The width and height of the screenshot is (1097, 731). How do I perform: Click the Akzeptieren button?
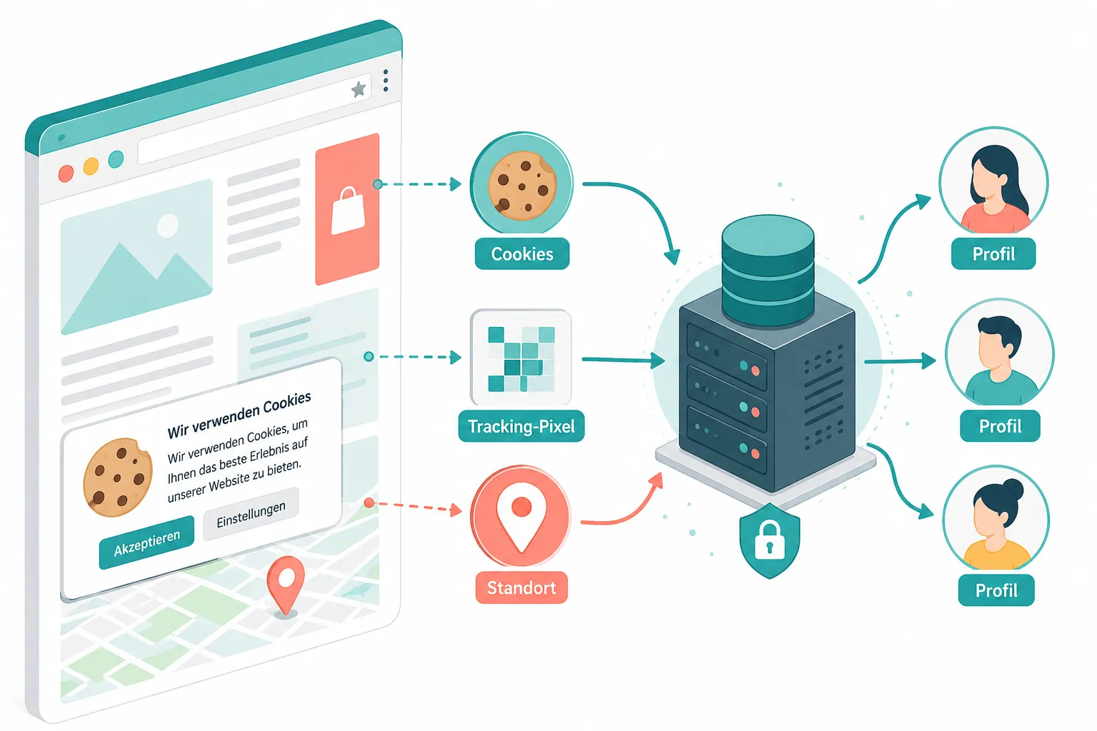pos(146,543)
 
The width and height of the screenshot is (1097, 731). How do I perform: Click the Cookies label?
pos(522,253)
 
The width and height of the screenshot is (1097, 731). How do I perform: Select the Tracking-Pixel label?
pos(521,426)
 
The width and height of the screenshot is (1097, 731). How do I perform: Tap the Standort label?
pos(521,588)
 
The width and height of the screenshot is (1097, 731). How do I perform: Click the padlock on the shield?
pos(769,540)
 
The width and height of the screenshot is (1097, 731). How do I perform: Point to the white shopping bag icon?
pos(349,211)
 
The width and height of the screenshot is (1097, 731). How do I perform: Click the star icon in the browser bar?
pos(359,89)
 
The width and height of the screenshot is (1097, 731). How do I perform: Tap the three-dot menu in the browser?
pos(386,80)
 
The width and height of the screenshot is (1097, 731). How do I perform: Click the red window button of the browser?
pos(66,173)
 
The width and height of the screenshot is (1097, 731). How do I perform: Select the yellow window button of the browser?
pos(91,166)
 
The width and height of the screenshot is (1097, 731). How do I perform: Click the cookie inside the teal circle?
pos(522,186)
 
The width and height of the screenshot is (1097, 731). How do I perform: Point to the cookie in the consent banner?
pos(117,478)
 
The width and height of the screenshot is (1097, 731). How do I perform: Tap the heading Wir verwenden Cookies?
pos(239,415)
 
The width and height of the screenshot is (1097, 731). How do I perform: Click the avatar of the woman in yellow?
pos(996,519)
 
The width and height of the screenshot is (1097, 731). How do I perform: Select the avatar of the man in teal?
pos(1000,353)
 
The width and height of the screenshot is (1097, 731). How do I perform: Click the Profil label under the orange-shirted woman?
pos(993,253)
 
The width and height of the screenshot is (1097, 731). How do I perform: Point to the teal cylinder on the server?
pos(768,271)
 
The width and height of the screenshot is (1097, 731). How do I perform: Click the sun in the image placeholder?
pos(168,226)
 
